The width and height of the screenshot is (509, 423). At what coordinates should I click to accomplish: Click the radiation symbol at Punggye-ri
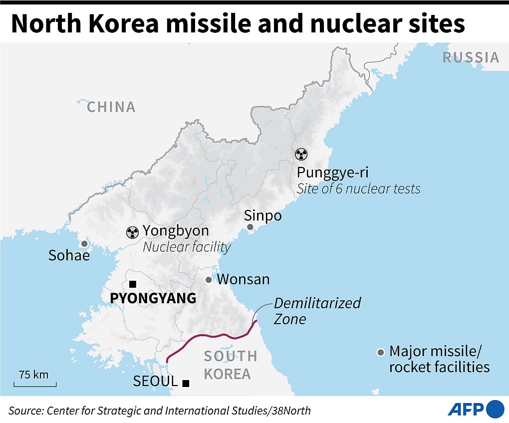click(x=301, y=154)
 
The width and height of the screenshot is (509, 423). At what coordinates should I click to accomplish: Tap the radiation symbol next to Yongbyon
click(x=132, y=231)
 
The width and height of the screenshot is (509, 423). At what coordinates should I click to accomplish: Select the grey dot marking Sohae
click(x=84, y=244)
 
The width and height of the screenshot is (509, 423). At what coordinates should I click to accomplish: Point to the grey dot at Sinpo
click(x=251, y=227)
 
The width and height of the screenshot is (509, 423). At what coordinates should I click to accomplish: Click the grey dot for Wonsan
click(x=209, y=280)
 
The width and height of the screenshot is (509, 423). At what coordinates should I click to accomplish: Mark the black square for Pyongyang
click(x=132, y=284)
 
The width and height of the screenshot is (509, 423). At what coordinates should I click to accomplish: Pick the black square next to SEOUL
click(x=186, y=383)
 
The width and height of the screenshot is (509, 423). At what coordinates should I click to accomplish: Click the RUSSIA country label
click(x=471, y=57)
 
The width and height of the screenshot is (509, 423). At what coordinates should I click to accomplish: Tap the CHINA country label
click(x=111, y=107)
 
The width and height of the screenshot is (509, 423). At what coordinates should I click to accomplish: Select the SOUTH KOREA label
click(x=230, y=365)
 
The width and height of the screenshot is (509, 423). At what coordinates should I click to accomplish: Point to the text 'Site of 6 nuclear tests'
click(x=358, y=189)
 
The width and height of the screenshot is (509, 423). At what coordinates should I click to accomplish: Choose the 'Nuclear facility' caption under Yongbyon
click(x=187, y=246)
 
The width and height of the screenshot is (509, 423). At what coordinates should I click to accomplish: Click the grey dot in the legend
click(x=381, y=353)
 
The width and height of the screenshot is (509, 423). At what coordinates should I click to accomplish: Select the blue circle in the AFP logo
click(x=495, y=409)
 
